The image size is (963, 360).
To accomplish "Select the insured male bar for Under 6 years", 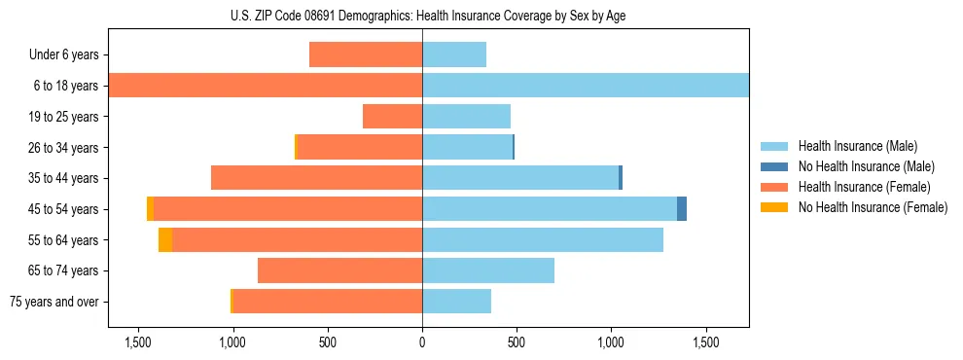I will point(454,54).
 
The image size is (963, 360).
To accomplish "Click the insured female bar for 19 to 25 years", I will point(392,117).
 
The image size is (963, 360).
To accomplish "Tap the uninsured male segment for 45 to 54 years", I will point(682,209).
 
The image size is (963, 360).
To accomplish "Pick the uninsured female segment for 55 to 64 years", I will point(165,240).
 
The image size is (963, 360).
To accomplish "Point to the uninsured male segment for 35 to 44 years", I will point(621,178).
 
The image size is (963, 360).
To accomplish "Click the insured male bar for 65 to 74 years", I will point(488,270).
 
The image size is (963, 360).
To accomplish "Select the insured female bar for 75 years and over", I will point(328,302).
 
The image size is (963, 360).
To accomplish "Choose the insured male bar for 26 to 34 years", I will point(467,147).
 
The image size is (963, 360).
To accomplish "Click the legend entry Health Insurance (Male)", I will point(857,146).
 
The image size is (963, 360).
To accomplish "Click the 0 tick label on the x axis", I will point(422,343).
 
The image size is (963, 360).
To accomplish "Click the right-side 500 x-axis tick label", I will point(517,343).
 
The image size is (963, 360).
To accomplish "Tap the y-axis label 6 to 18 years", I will point(65,86).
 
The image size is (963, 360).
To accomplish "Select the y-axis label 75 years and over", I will point(53,302).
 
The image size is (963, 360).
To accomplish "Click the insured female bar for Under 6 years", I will point(366,54).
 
